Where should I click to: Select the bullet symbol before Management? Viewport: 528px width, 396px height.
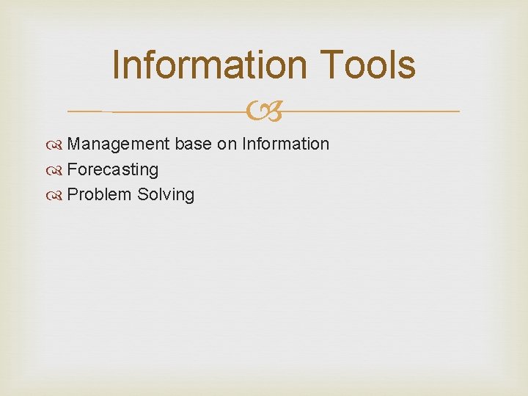[58, 144]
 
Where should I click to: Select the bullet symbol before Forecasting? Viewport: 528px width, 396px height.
[58, 170]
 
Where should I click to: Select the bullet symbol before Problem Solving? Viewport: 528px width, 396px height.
[58, 195]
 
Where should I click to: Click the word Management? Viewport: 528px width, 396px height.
[118, 144]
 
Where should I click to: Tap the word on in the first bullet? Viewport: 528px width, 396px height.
[226, 144]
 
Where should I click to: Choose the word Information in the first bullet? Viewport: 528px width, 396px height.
[285, 144]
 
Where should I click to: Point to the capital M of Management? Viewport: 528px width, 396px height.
[74, 144]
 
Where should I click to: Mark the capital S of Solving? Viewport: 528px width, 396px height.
[143, 195]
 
